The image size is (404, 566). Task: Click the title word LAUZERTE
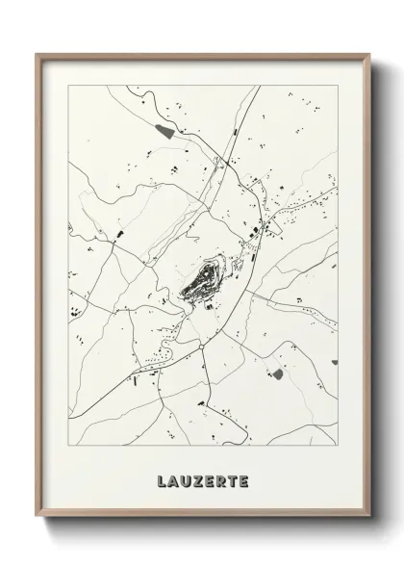(202, 479)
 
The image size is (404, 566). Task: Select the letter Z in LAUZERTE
(195, 479)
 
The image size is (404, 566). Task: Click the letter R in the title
(222, 479)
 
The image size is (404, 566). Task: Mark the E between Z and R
(209, 479)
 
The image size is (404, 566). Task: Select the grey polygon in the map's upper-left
(166, 130)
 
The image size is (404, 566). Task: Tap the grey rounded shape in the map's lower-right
(277, 373)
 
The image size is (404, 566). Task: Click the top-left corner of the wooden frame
(38, 54)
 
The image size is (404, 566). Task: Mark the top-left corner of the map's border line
(68, 85)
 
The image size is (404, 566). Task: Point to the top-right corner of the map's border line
(338, 85)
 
